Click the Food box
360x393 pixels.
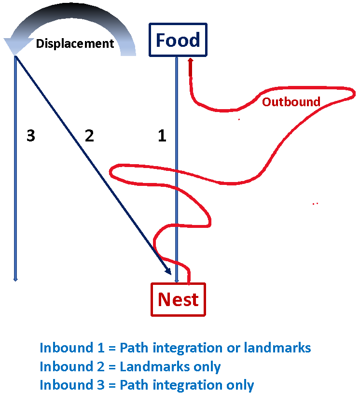coord(178,40)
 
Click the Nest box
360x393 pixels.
coord(178,299)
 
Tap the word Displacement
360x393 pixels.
coord(75,43)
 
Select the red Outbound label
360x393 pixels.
coord(291,102)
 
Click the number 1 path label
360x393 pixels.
coord(162,136)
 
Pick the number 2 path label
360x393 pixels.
coord(89,136)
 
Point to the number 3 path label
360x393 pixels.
coord(31,136)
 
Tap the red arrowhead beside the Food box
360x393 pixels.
coord(191,62)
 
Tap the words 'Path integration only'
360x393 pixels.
coord(187,385)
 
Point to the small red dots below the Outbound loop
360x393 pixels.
coord(316,204)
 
